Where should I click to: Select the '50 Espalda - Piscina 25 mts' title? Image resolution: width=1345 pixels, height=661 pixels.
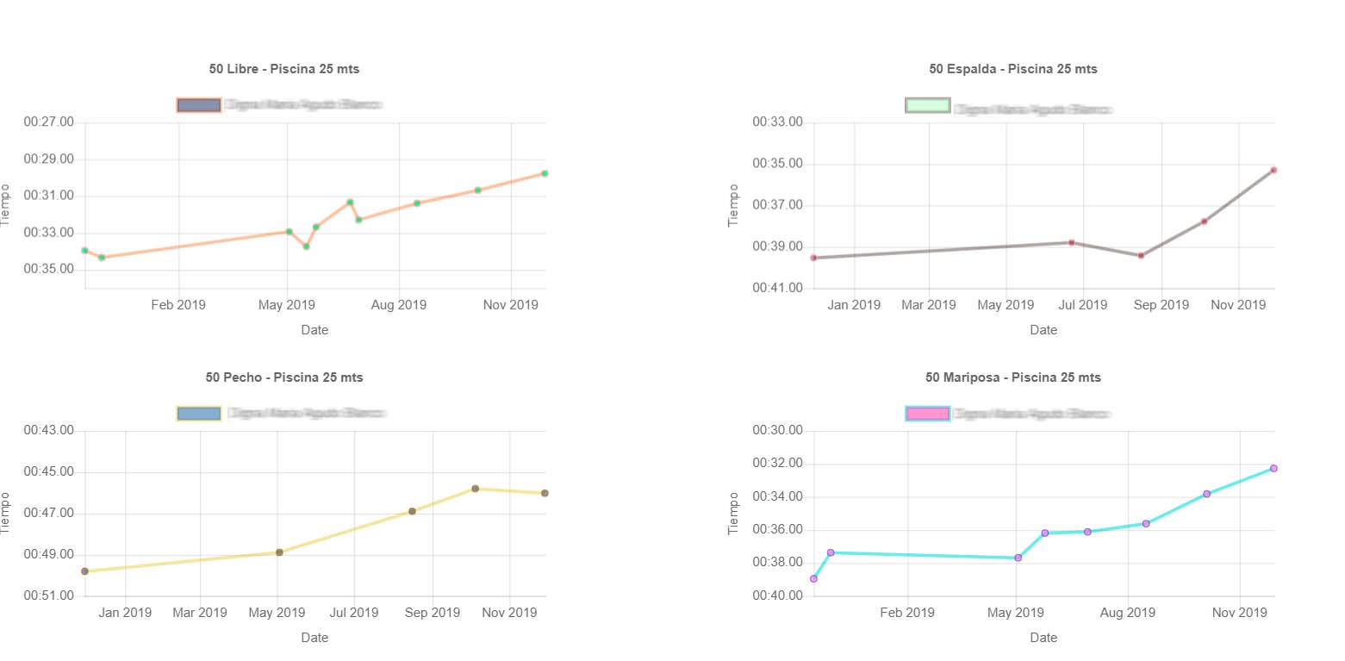click(1012, 69)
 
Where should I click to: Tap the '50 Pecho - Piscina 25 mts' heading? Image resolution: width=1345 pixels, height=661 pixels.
click(283, 377)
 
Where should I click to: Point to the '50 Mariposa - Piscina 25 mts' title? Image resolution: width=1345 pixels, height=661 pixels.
click(1012, 377)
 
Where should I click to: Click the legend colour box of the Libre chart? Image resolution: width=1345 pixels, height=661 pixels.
click(199, 105)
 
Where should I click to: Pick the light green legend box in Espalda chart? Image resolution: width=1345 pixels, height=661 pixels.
click(928, 105)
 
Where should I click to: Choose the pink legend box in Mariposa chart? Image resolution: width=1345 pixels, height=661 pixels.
click(928, 414)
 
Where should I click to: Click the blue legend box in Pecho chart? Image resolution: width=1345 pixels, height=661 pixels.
click(199, 414)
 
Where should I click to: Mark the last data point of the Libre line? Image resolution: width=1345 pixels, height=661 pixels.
click(545, 173)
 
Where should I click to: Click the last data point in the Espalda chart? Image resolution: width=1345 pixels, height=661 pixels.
click(1273, 170)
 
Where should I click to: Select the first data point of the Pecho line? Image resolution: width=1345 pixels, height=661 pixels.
click(84, 571)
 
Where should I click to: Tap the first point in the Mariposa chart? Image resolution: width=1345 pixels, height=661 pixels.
click(813, 578)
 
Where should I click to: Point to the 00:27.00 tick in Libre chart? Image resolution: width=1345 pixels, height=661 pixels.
click(48, 122)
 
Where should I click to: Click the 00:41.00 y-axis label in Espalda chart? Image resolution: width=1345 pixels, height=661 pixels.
click(777, 288)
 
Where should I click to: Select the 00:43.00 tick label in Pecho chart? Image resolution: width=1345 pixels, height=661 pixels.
click(48, 431)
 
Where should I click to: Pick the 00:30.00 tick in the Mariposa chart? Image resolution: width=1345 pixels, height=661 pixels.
click(777, 431)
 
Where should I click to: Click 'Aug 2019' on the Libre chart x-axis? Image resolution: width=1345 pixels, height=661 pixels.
click(399, 304)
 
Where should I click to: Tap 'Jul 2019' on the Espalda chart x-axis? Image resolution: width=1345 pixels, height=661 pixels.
click(1082, 304)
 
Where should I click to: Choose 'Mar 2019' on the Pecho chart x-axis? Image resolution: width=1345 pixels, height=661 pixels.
click(200, 613)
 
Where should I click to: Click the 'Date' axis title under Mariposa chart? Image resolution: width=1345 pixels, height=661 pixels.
click(1043, 638)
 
